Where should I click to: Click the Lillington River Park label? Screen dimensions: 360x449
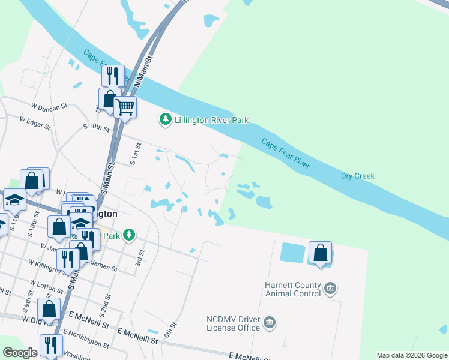pos(211,120)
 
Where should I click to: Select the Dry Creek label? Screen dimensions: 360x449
pos(357,176)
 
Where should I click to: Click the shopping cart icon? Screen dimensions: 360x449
pos(125,107)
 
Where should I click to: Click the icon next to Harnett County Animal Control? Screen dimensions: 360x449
pos(330,289)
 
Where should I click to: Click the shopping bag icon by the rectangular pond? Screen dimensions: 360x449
pos(321,252)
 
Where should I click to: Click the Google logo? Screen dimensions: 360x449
pos(20,353)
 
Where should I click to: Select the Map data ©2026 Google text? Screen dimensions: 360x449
pos(411,355)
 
